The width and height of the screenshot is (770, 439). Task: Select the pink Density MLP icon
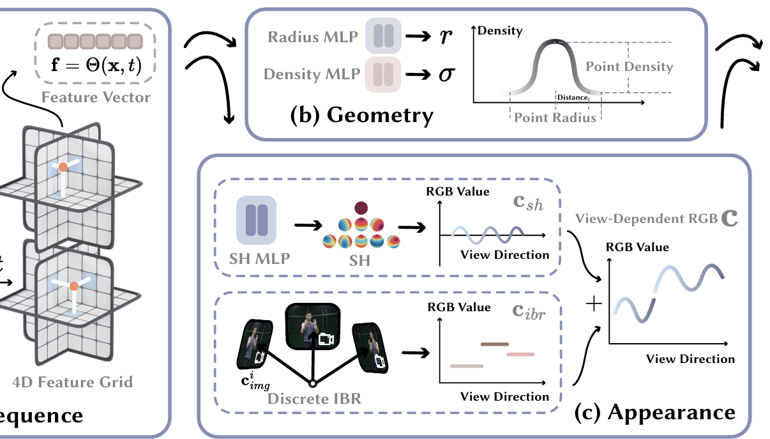[382, 74]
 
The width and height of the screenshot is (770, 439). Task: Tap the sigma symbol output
[445, 75]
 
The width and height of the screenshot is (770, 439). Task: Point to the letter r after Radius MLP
[445, 36]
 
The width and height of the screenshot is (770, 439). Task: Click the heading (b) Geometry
[361, 116]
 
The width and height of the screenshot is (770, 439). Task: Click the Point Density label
[629, 66]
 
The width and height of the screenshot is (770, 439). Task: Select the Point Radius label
[555, 118]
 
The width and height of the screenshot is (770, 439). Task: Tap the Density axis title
[500, 30]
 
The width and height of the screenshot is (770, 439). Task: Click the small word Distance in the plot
[572, 97]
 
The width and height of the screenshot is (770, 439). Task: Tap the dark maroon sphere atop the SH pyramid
[361, 207]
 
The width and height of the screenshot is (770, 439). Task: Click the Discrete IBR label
[314, 399]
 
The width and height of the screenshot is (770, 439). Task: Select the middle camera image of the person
[311, 326]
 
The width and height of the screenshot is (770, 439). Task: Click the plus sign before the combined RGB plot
[594, 304]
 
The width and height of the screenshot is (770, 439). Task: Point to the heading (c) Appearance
[654, 412]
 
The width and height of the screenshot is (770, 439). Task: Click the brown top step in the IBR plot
[494, 344]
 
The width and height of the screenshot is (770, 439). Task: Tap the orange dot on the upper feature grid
[63, 168]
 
